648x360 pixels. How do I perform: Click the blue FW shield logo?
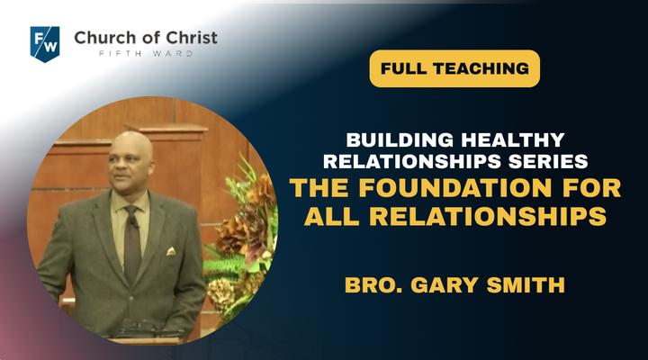point(45,44)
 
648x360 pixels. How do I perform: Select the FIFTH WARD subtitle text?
point(146,53)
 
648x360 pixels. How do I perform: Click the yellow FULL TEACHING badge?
point(454,68)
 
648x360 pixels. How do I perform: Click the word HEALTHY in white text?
point(513,140)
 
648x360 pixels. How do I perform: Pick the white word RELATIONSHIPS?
point(412,161)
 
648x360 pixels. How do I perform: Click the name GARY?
point(445,284)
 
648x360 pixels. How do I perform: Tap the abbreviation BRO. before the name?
point(373,284)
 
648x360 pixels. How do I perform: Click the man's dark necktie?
point(131,244)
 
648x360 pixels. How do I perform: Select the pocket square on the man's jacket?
point(171,251)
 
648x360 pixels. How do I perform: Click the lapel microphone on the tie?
point(133,222)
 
